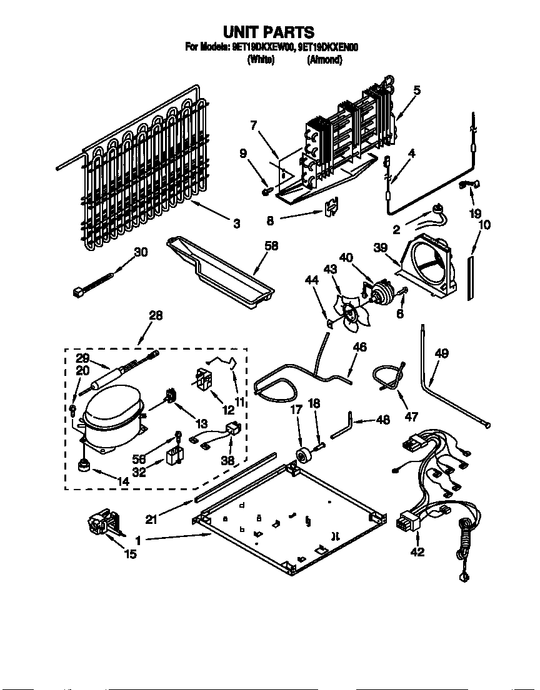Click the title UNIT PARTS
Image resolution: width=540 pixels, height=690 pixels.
click(x=269, y=32)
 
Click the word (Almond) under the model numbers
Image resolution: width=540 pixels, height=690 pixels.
click(x=324, y=60)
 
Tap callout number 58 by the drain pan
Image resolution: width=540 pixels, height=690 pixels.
click(x=271, y=247)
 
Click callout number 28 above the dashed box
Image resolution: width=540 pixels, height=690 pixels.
click(x=155, y=316)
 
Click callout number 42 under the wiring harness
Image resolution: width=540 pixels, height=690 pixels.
click(x=417, y=551)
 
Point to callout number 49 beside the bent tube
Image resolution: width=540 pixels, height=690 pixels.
click(x=441, y=354)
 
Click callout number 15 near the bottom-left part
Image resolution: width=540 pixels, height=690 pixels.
click(x=130, y=553)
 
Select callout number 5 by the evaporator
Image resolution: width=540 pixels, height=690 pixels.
click(x=416, y=90)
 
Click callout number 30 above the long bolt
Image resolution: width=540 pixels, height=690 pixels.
click(x=141, y=252)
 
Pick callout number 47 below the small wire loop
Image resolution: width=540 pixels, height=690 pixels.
click(x=412, y=416)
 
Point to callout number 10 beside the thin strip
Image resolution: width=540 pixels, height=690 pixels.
click(x=485, y=224)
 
